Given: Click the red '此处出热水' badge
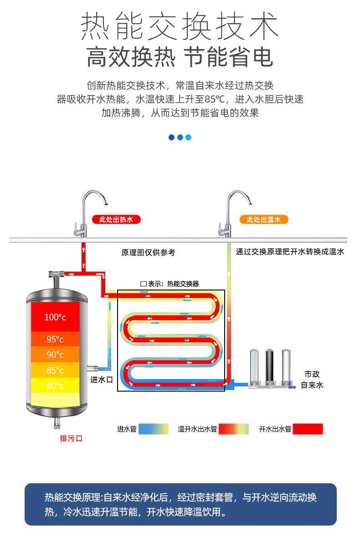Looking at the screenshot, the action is tap(116, 220).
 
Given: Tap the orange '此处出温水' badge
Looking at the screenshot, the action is tap(263, 220).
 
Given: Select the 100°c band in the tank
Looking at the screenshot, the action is tap(55, 317).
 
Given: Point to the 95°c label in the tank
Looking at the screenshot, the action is tap(55, 339).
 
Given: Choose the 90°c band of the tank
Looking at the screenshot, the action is tap(55, 354).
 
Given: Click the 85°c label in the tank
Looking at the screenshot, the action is tap(55, 370).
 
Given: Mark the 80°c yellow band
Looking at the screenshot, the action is tap(55, 385).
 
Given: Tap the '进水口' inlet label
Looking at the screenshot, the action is tap(102, 380).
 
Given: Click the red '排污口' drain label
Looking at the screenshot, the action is tap(71, 438).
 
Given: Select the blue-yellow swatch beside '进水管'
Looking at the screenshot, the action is tap(154, 429).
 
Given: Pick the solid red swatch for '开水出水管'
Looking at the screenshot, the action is tap(308, 429).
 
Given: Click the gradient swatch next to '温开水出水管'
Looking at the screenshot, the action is tap(234, 429).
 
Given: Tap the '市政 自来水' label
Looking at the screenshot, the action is tap(312, 380).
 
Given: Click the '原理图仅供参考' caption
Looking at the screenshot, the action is tap(148, 252).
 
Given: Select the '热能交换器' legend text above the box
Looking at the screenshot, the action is tap(183, 284).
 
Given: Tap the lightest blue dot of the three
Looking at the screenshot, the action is tap(189, 137).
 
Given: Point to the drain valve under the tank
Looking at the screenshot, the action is tap(57, 422).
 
